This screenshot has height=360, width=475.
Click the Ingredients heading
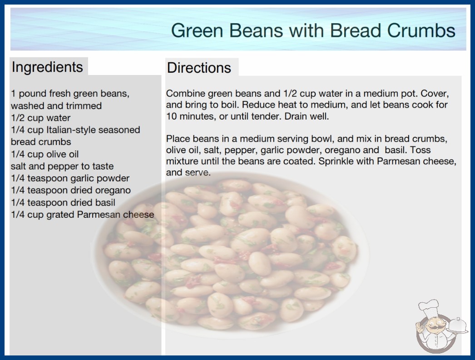[47, 67]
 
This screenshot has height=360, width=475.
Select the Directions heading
[199, 68]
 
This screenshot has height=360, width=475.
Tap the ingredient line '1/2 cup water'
[40, 118]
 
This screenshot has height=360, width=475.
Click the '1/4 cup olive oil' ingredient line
[45, 154]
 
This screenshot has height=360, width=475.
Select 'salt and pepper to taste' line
[62, 166]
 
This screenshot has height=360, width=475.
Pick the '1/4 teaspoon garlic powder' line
[70, 178]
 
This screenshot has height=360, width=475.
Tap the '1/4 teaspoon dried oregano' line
[71, 190]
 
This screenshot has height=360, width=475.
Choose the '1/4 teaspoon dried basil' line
[63, 203]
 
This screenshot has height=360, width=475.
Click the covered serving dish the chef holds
[458, 325]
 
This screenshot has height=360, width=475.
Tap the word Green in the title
[197, 30]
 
